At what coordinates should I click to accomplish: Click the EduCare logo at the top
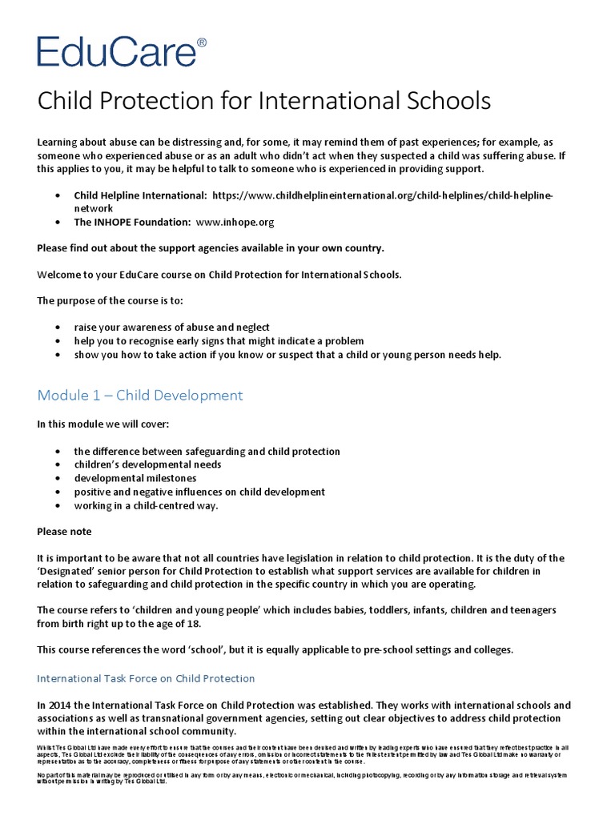click(116, 50)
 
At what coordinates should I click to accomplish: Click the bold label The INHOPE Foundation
click(132, 222)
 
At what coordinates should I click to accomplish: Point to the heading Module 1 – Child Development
click(140, 396)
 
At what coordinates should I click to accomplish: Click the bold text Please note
click(65, 532)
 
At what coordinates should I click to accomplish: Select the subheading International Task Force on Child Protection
click(146, 678)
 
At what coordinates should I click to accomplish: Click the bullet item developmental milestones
click(135, 478)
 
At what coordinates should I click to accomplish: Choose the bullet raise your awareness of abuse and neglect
click(172, 328)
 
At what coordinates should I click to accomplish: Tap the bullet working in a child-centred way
click(146, 505)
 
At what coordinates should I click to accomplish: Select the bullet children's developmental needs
click(148, 464)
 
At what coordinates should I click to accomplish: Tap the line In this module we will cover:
click(103, 424)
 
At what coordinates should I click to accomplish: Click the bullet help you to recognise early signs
click(219, 341)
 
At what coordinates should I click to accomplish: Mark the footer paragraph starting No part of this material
click(304, 778)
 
